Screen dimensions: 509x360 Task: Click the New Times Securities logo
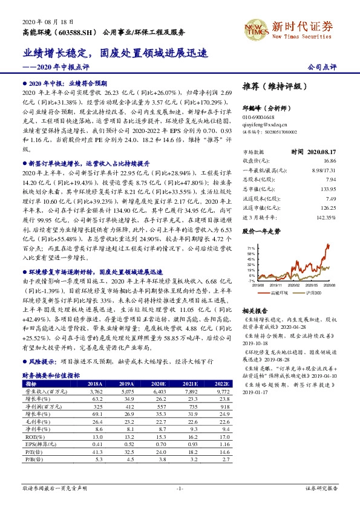click(290, 28)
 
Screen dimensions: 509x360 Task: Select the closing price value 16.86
click(330, 161)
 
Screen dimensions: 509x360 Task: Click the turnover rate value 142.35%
click(326, 216)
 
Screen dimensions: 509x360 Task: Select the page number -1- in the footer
click(180, 487)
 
